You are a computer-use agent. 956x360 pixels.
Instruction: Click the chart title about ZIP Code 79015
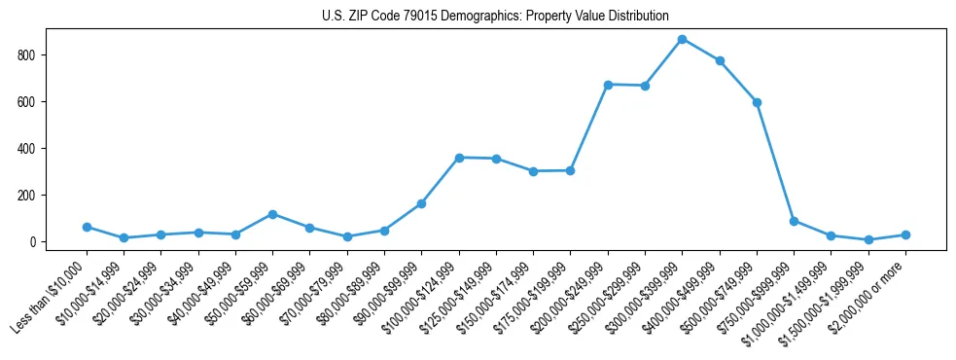495,17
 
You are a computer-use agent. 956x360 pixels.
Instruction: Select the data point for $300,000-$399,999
683,39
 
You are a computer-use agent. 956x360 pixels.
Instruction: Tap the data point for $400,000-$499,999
720,60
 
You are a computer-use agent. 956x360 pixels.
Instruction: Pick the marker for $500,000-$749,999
757,102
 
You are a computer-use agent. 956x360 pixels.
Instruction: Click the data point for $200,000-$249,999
608,85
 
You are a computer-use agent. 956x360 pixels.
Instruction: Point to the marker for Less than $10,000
87,227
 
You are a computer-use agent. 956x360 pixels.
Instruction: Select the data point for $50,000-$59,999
272,214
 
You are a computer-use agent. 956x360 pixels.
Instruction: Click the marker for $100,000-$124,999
459,158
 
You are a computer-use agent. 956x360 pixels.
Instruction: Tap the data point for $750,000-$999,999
795,221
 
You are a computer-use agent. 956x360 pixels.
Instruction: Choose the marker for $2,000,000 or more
905,234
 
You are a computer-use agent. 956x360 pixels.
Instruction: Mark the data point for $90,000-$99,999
421,203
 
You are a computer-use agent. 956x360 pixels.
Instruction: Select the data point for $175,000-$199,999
570,170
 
